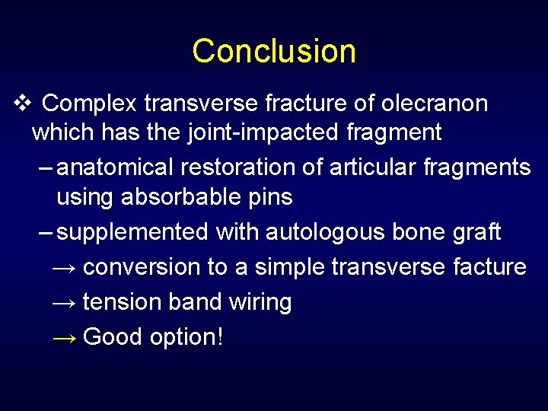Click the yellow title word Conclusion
coord(274,51)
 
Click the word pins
coord(269,198)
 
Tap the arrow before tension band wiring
coord(63,303)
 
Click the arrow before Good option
coord(63,337)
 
